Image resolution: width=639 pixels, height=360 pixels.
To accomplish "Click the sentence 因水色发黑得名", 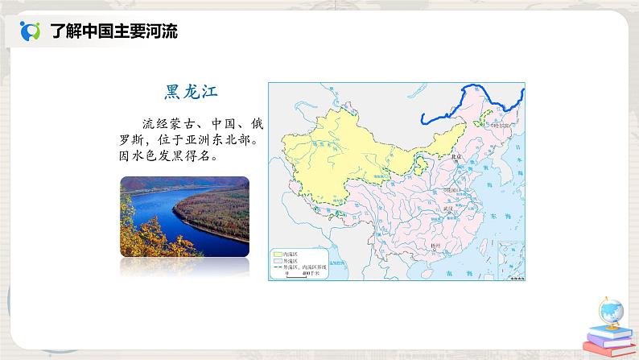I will point(172,155).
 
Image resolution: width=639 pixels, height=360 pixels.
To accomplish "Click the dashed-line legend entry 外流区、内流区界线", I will point(302,268).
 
